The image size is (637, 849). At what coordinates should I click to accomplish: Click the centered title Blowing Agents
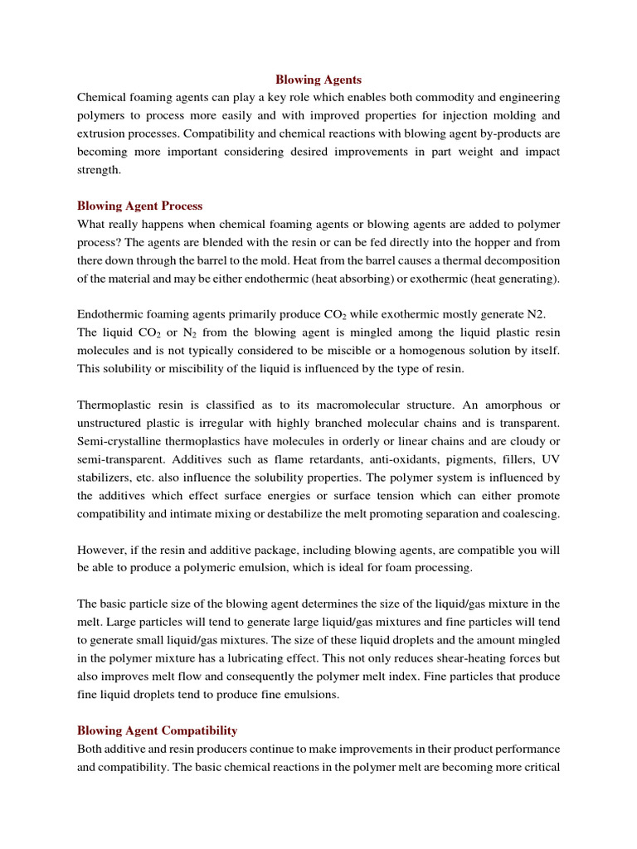(318, 80)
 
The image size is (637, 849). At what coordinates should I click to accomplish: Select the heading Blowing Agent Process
(139, 206)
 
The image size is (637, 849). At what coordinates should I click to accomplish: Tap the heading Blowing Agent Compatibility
(157, 730)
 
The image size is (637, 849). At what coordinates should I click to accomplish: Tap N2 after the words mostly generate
(537, 314)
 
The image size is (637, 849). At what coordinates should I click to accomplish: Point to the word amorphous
(509, 405)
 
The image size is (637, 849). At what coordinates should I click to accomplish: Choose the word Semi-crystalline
(117, 441)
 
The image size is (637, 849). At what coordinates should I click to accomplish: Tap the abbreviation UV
(551, 459)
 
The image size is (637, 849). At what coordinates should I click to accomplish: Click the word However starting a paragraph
(102, 550)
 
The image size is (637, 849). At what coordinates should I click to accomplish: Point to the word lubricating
(343, 658)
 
